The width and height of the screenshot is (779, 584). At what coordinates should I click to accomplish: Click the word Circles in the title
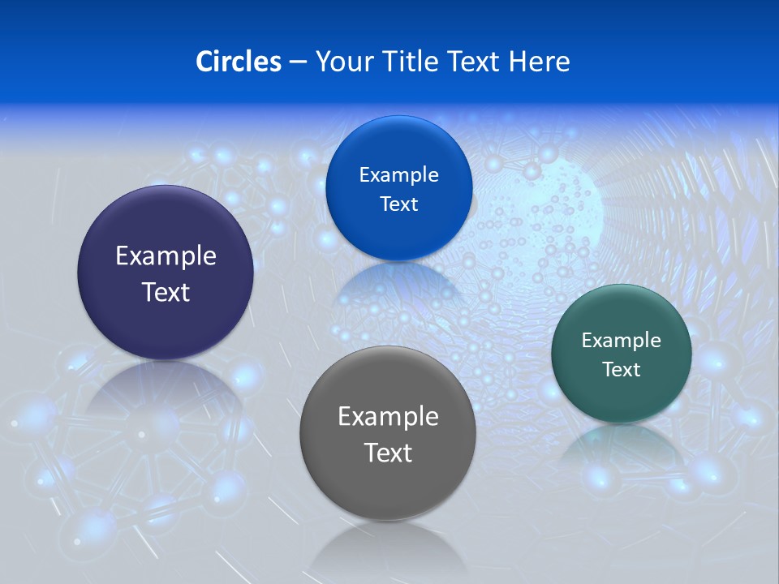pyautogui.click(x=238, y=62)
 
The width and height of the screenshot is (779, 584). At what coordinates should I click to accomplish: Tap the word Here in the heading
pyautogui.click(x=540, y=62)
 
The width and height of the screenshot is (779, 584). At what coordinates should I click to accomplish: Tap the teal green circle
pyautogui.click(x=622, y=397)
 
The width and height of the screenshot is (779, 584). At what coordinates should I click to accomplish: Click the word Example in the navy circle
pyautogui.click(x=166, y=256)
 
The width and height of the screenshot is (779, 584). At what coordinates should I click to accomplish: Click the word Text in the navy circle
pyautogui.click(x=166, y=292)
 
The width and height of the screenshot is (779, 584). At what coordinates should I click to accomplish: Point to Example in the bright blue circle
pyautogui.click(x=398, y=175)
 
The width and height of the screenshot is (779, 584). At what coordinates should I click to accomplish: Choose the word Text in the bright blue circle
pyautogui.click(x=398, y=204)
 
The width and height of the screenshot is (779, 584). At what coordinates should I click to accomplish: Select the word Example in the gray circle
pyautogui.click(x=388, y=417)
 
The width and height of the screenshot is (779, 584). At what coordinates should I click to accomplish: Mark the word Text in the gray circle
pyautogui.click(x=388, y=453)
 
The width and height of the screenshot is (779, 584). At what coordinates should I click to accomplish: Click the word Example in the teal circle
pyautogui.click(x=622, y=341)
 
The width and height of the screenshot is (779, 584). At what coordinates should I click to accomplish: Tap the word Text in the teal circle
pyautogui.click(x=622, y=370)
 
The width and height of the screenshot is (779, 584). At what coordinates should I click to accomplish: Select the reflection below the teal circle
pyautogui.click(x=621, y=446)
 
